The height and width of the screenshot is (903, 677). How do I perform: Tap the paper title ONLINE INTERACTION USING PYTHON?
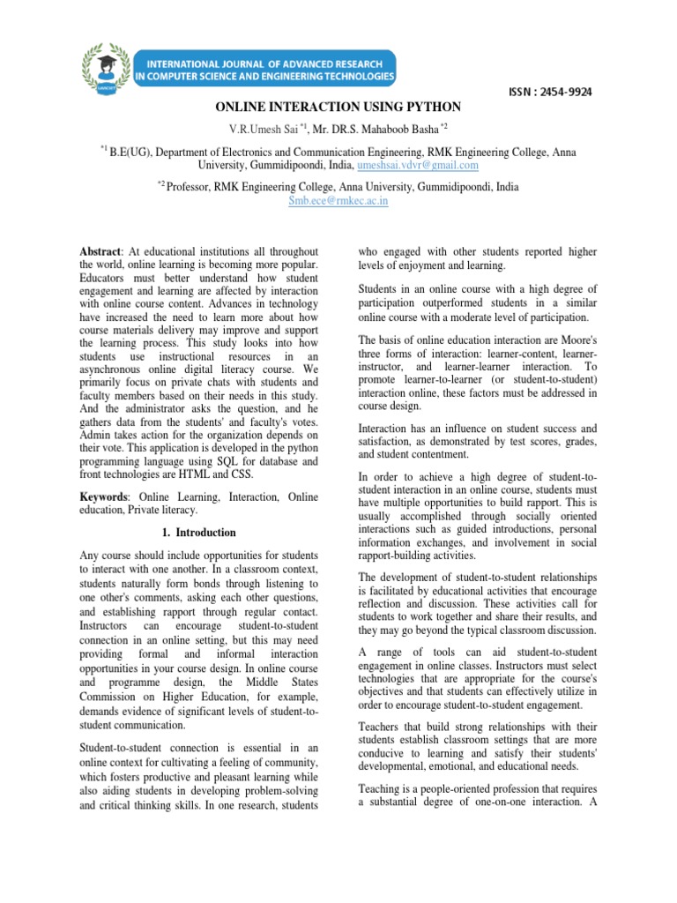coord(338,107)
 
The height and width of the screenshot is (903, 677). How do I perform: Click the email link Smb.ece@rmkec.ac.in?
coord(338,200)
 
